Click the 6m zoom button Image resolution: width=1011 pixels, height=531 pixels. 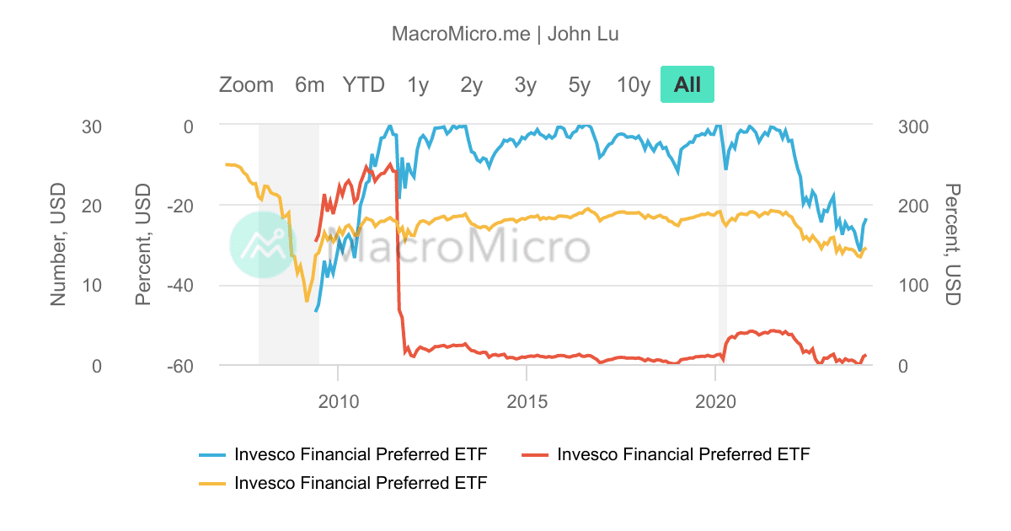[x=309, y=84]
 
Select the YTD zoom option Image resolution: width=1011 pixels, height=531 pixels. [x=363, y=84]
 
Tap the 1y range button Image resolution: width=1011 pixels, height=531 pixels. [x=418, y=84]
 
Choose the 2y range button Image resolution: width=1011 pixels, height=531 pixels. [x=472, y=84]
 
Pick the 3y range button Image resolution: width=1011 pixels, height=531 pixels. [x=526, y=84]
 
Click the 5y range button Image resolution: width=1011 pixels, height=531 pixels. [x=580, y=84]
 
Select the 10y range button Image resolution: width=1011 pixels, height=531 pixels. [x=634, y=84]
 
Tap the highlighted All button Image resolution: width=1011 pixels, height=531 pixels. [x=687, y=84]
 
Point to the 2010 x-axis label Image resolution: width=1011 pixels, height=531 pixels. [x=338, y=400]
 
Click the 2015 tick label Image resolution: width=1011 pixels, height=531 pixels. [x=527, y=400]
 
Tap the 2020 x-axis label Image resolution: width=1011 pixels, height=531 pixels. [x=715, y=400]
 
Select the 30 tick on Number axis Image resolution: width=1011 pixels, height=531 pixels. [x=91, y=126]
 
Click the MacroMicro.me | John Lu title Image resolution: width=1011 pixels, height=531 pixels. [x=505, y=34]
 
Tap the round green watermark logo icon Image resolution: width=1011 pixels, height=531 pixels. [x=263, y=244]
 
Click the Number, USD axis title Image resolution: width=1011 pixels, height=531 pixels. [x=58, y=245]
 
